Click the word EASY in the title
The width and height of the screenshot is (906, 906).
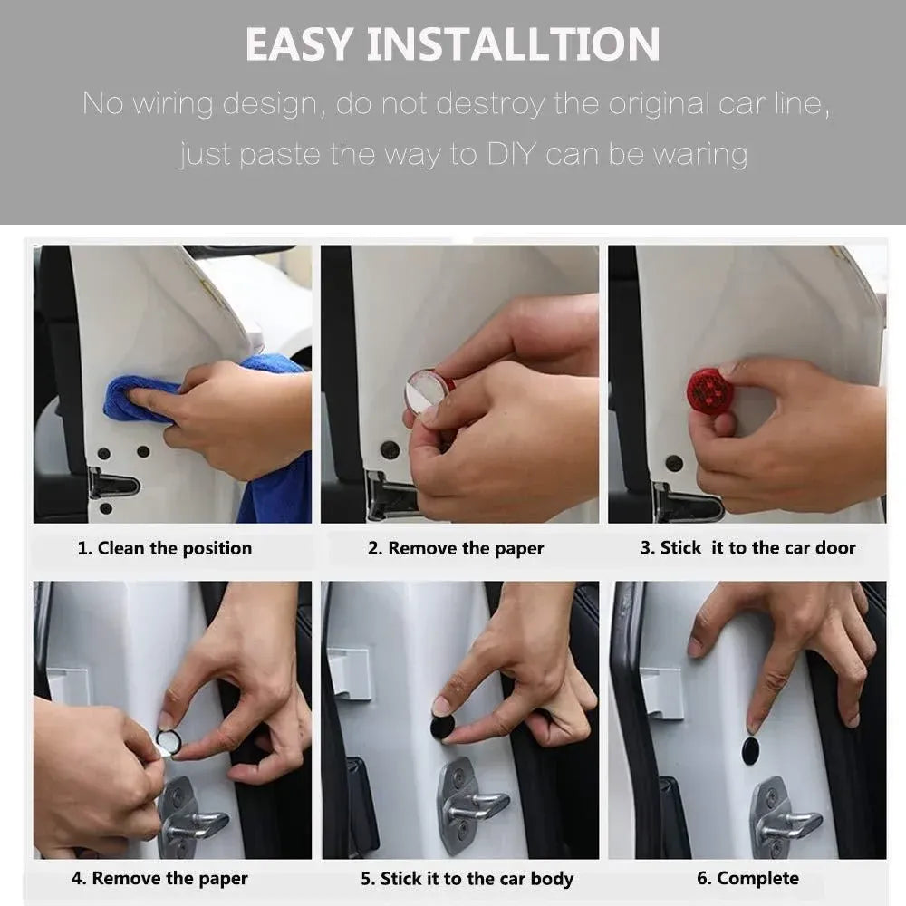(299, 43)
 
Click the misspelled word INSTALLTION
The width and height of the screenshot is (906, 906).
(513, 43)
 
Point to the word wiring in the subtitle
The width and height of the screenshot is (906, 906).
(173, 104)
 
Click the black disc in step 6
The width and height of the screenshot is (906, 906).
(750, 750)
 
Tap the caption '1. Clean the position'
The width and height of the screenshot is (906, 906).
(165, 548)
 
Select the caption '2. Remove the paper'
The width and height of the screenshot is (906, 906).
(456, 548)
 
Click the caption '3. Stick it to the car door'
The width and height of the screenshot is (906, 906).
(747, 547)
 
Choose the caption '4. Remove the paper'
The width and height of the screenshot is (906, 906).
(159, 878)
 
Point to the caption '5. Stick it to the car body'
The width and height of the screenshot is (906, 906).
(467, 878)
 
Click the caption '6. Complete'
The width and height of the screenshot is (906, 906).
(747, 878)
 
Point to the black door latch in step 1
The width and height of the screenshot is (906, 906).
(112, 484)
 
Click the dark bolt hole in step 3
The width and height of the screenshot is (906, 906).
(674, 463)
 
